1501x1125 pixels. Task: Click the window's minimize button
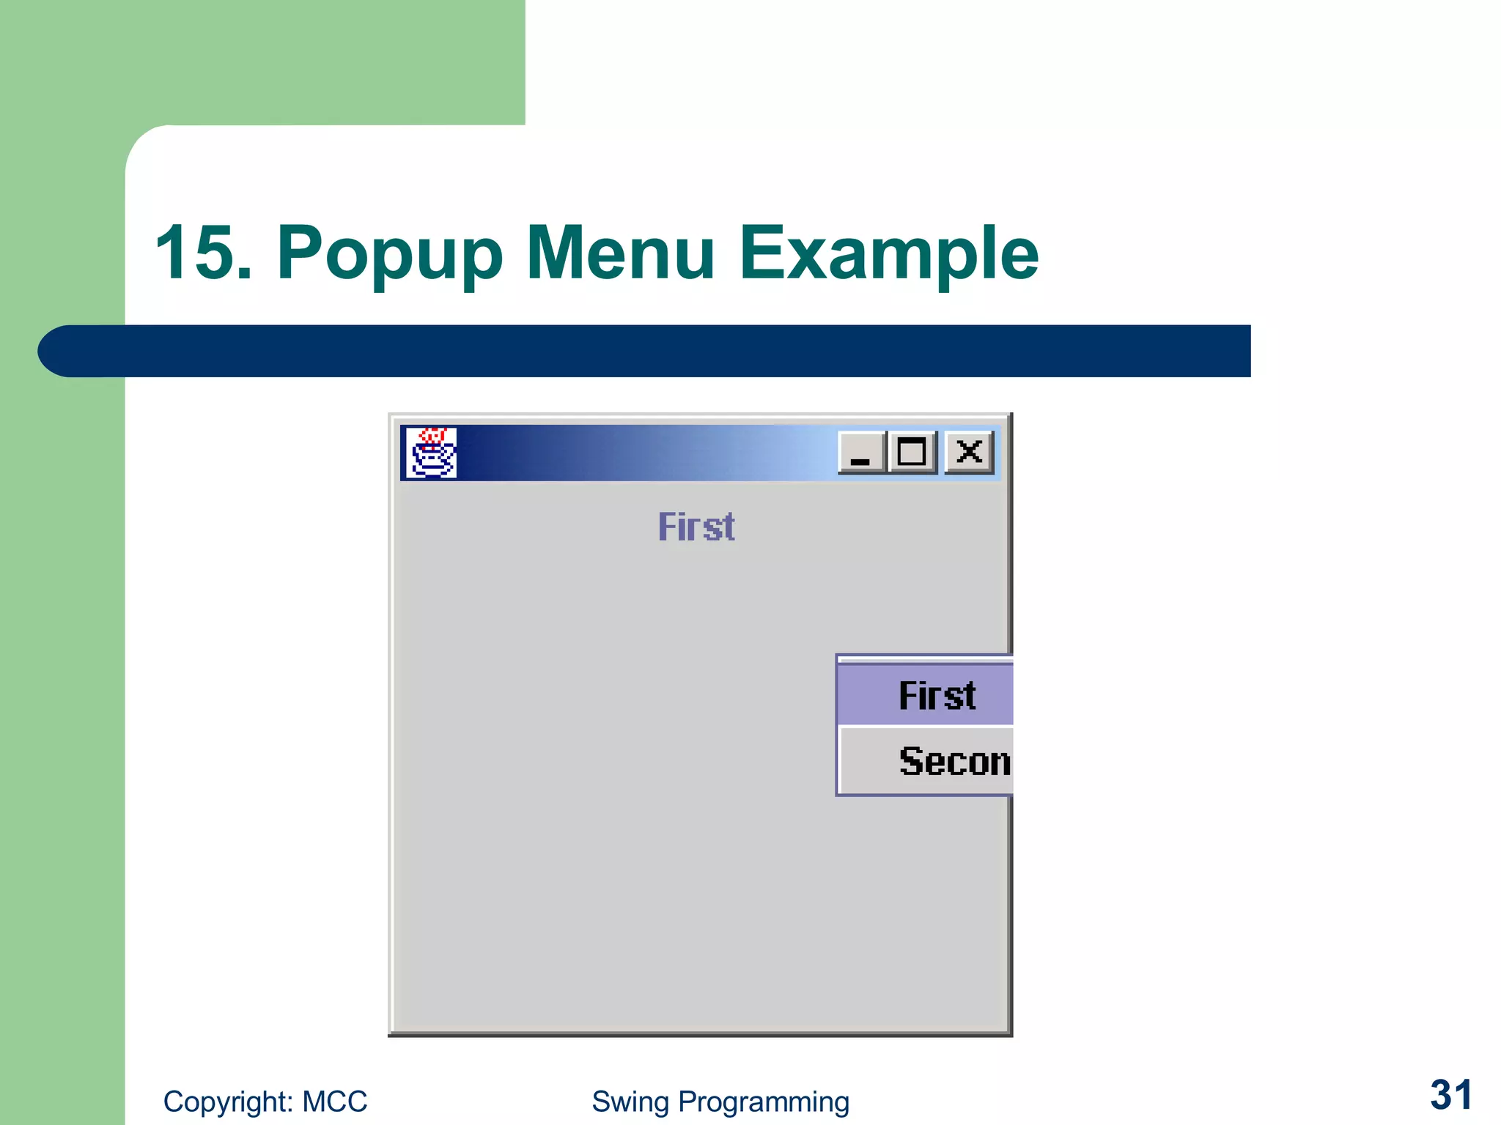click(x=861, y=453)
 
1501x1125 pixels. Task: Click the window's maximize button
click(x=912, y=453)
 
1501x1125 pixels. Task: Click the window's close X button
click(x=969, y=453)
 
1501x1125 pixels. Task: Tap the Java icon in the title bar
click(x=432, y=453)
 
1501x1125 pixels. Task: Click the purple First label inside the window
click(x=696, y=527)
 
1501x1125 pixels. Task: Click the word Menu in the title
click(x=620, y=253)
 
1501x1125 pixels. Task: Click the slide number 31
click(x=1450, y=1095)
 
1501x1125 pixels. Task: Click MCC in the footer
click(x=334, y=1102)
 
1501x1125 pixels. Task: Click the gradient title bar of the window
click(x=645, y=453)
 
